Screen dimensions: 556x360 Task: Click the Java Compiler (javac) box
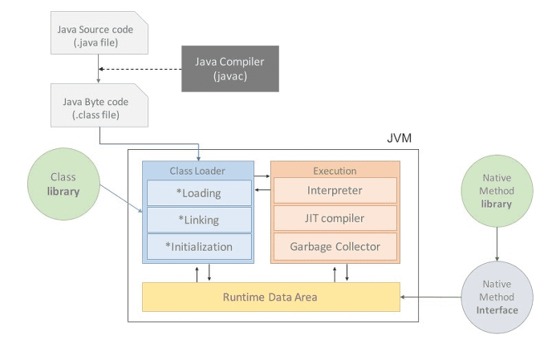230,69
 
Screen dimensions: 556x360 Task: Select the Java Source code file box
99,33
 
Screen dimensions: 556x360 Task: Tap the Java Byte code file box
99,105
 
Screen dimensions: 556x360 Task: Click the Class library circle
63,184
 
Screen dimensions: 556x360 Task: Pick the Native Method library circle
497,191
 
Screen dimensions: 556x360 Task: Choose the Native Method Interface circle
497,297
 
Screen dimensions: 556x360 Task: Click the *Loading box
199,192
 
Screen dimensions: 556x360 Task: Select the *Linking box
199,220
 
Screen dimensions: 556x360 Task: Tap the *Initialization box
199,247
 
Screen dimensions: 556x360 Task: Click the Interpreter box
335,190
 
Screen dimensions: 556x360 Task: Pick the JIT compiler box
335,218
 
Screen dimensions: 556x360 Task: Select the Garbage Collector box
335,246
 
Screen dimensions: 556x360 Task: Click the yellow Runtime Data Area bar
271,297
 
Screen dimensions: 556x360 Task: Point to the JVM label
400,138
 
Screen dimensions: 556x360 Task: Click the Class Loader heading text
197,171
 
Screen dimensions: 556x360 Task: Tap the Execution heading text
335,171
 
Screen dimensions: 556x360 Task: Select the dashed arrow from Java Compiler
140,69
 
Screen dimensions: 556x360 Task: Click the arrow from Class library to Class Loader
121,198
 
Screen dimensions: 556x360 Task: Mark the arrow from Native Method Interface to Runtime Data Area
431,297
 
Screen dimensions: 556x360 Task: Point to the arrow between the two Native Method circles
497,244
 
